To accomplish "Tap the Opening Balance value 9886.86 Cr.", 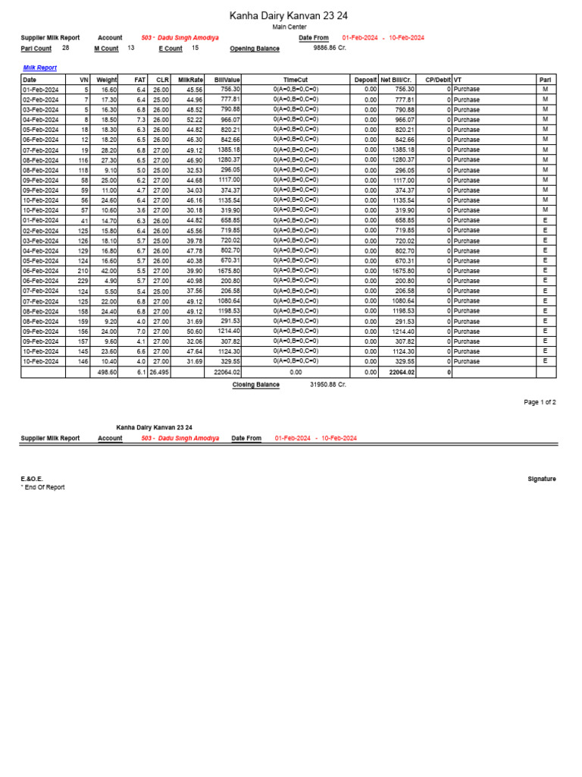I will tap(330, 48).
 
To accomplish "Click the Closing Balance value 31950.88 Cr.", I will tap(328, 385).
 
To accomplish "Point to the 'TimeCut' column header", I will tap(296, 79).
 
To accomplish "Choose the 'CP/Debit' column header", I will tap(437, 79).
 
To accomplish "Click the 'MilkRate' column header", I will tap(190, 79).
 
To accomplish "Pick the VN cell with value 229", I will tap(82, 281).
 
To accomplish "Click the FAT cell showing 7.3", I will tap(140, 120).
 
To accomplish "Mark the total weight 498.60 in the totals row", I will tap(106, 373).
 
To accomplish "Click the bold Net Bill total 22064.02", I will tap(402, 373).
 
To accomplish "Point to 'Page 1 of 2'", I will tap(540, 402).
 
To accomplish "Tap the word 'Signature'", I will tap(541, 479).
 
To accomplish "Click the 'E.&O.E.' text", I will tap(32, 479).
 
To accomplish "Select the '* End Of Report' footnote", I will tap(42, 487).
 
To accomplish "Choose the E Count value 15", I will tap(195, 48).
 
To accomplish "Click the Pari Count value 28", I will tap(66, 48).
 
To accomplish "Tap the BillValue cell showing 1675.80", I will tap(227, 271).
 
